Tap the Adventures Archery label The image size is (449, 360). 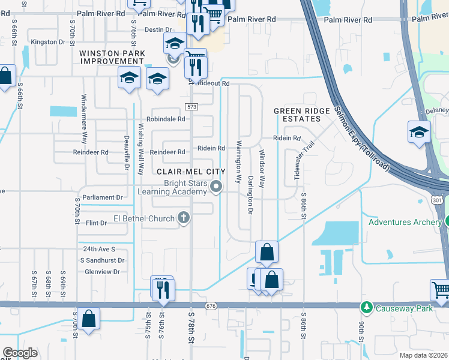coord(405,222)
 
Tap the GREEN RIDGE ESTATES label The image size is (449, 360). coord(302,115)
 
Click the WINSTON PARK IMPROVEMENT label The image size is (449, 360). coord(111,58)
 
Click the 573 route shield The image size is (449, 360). coord(191,107)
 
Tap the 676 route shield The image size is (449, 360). coord(210,306)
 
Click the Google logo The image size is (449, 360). coord(20,353)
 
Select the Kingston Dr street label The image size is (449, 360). coord(47,42)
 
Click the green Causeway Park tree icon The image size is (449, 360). coord(366,308)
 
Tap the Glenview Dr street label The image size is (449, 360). coord(103,272)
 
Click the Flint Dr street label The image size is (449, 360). coord(96,223)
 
